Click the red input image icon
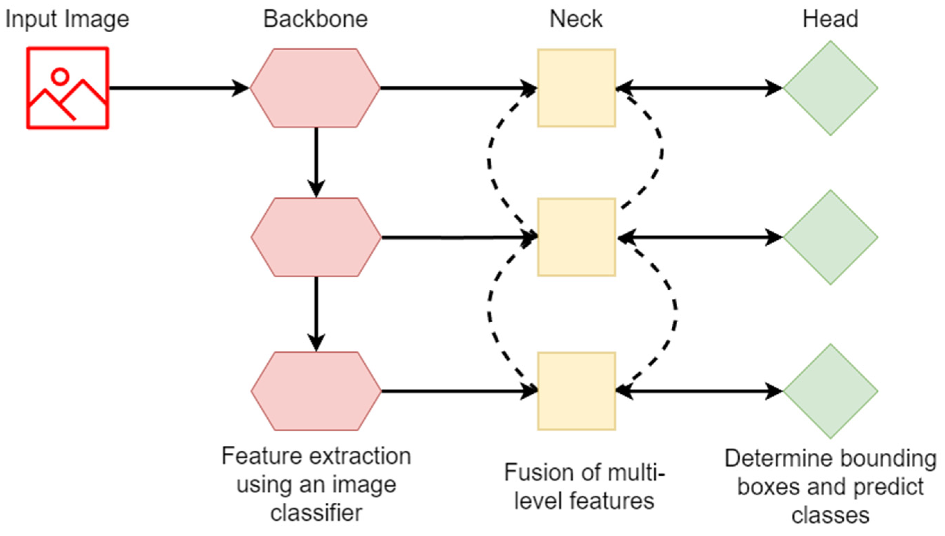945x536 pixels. [67, 88]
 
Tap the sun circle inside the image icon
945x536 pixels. [60, 76]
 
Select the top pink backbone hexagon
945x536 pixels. [315, 88]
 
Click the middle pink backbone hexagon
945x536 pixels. [316, 237]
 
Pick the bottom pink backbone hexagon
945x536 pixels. [316, 391]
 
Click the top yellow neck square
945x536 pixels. [576, 88]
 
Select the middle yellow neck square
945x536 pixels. [576, 237]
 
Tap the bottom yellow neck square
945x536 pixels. [576, 391]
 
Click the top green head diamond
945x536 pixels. [830, 88]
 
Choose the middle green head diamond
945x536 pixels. [830, 237]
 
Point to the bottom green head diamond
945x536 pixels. [830, 391]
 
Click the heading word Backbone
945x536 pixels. [315, 19]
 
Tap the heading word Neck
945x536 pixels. [576, 19]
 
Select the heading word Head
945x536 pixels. [830, 19]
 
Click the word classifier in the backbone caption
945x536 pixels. [316, 513]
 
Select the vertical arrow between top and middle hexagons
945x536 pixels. [316, 162]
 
